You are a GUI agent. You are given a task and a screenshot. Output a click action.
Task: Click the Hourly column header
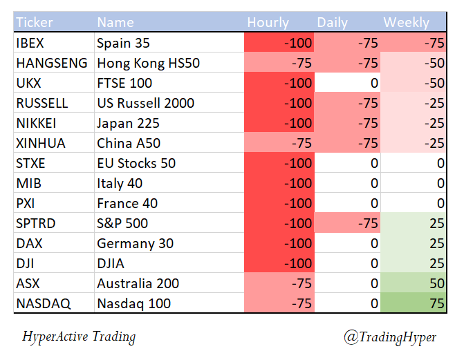[x=268, y=23]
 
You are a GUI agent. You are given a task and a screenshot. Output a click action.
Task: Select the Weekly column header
[x=406, y=23]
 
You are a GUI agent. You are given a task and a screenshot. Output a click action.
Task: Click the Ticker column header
[x=34, y=23]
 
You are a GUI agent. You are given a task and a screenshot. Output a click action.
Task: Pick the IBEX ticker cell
[x=30, y=43]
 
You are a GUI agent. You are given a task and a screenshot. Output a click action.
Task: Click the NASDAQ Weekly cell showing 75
[x=414, y=303]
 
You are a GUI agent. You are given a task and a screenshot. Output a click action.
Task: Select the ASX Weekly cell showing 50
[x=414, y=283]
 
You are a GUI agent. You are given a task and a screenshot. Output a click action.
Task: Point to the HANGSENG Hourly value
[x=278, y=63]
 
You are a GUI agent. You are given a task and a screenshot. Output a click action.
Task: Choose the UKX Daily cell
[x=346, y=83]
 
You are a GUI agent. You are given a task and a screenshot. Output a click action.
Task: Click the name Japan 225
[x=129, y=123]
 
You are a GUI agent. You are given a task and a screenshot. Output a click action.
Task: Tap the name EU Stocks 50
[x=136, y=163]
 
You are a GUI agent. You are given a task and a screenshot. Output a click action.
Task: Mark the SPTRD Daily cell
[x=346, y=223]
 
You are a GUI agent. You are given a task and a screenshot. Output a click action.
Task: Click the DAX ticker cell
[x=29, y=243]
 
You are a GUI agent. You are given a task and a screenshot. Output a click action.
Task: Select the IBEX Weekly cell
[x=414, y=43]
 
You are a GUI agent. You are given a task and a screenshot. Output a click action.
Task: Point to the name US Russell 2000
[x=145, y=103]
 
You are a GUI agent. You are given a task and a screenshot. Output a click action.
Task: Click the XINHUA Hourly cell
[x=278, y=143]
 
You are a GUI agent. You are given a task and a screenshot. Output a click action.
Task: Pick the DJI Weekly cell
[x=414, y=263]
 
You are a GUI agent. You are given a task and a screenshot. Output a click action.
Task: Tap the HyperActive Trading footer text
[x=79, y=337]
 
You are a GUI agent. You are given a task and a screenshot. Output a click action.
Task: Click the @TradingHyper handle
[x=391, y=337]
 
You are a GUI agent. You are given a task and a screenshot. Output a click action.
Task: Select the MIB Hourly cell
[x=278, y=183]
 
